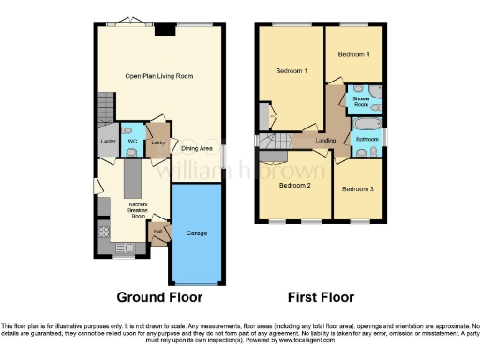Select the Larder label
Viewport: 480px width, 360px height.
pyautogui.click(x=108, y=142)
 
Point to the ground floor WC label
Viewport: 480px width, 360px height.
pyautogui.click(x=132, y=142)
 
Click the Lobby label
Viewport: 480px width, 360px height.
pyautogui.click(x=157, y=142)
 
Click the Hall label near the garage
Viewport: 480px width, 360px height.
pyautogui.click(x=157, y=228)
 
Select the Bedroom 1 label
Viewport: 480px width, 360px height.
pyautogui.click(x=292, y=71)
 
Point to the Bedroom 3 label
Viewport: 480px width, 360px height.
pyautogui.click(x=357, y=189)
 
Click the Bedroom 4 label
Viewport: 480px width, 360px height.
pyautogui.click(x=354, y=54)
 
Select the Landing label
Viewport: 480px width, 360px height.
pyautogui.click(x=326, y=141)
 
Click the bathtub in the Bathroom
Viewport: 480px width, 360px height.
pyautogui.click(x=365, y=124)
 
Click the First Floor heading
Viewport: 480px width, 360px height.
pyautogui.click(x=320, y=297)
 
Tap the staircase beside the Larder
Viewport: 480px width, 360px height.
pyautogui.click(x=104, y=112)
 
